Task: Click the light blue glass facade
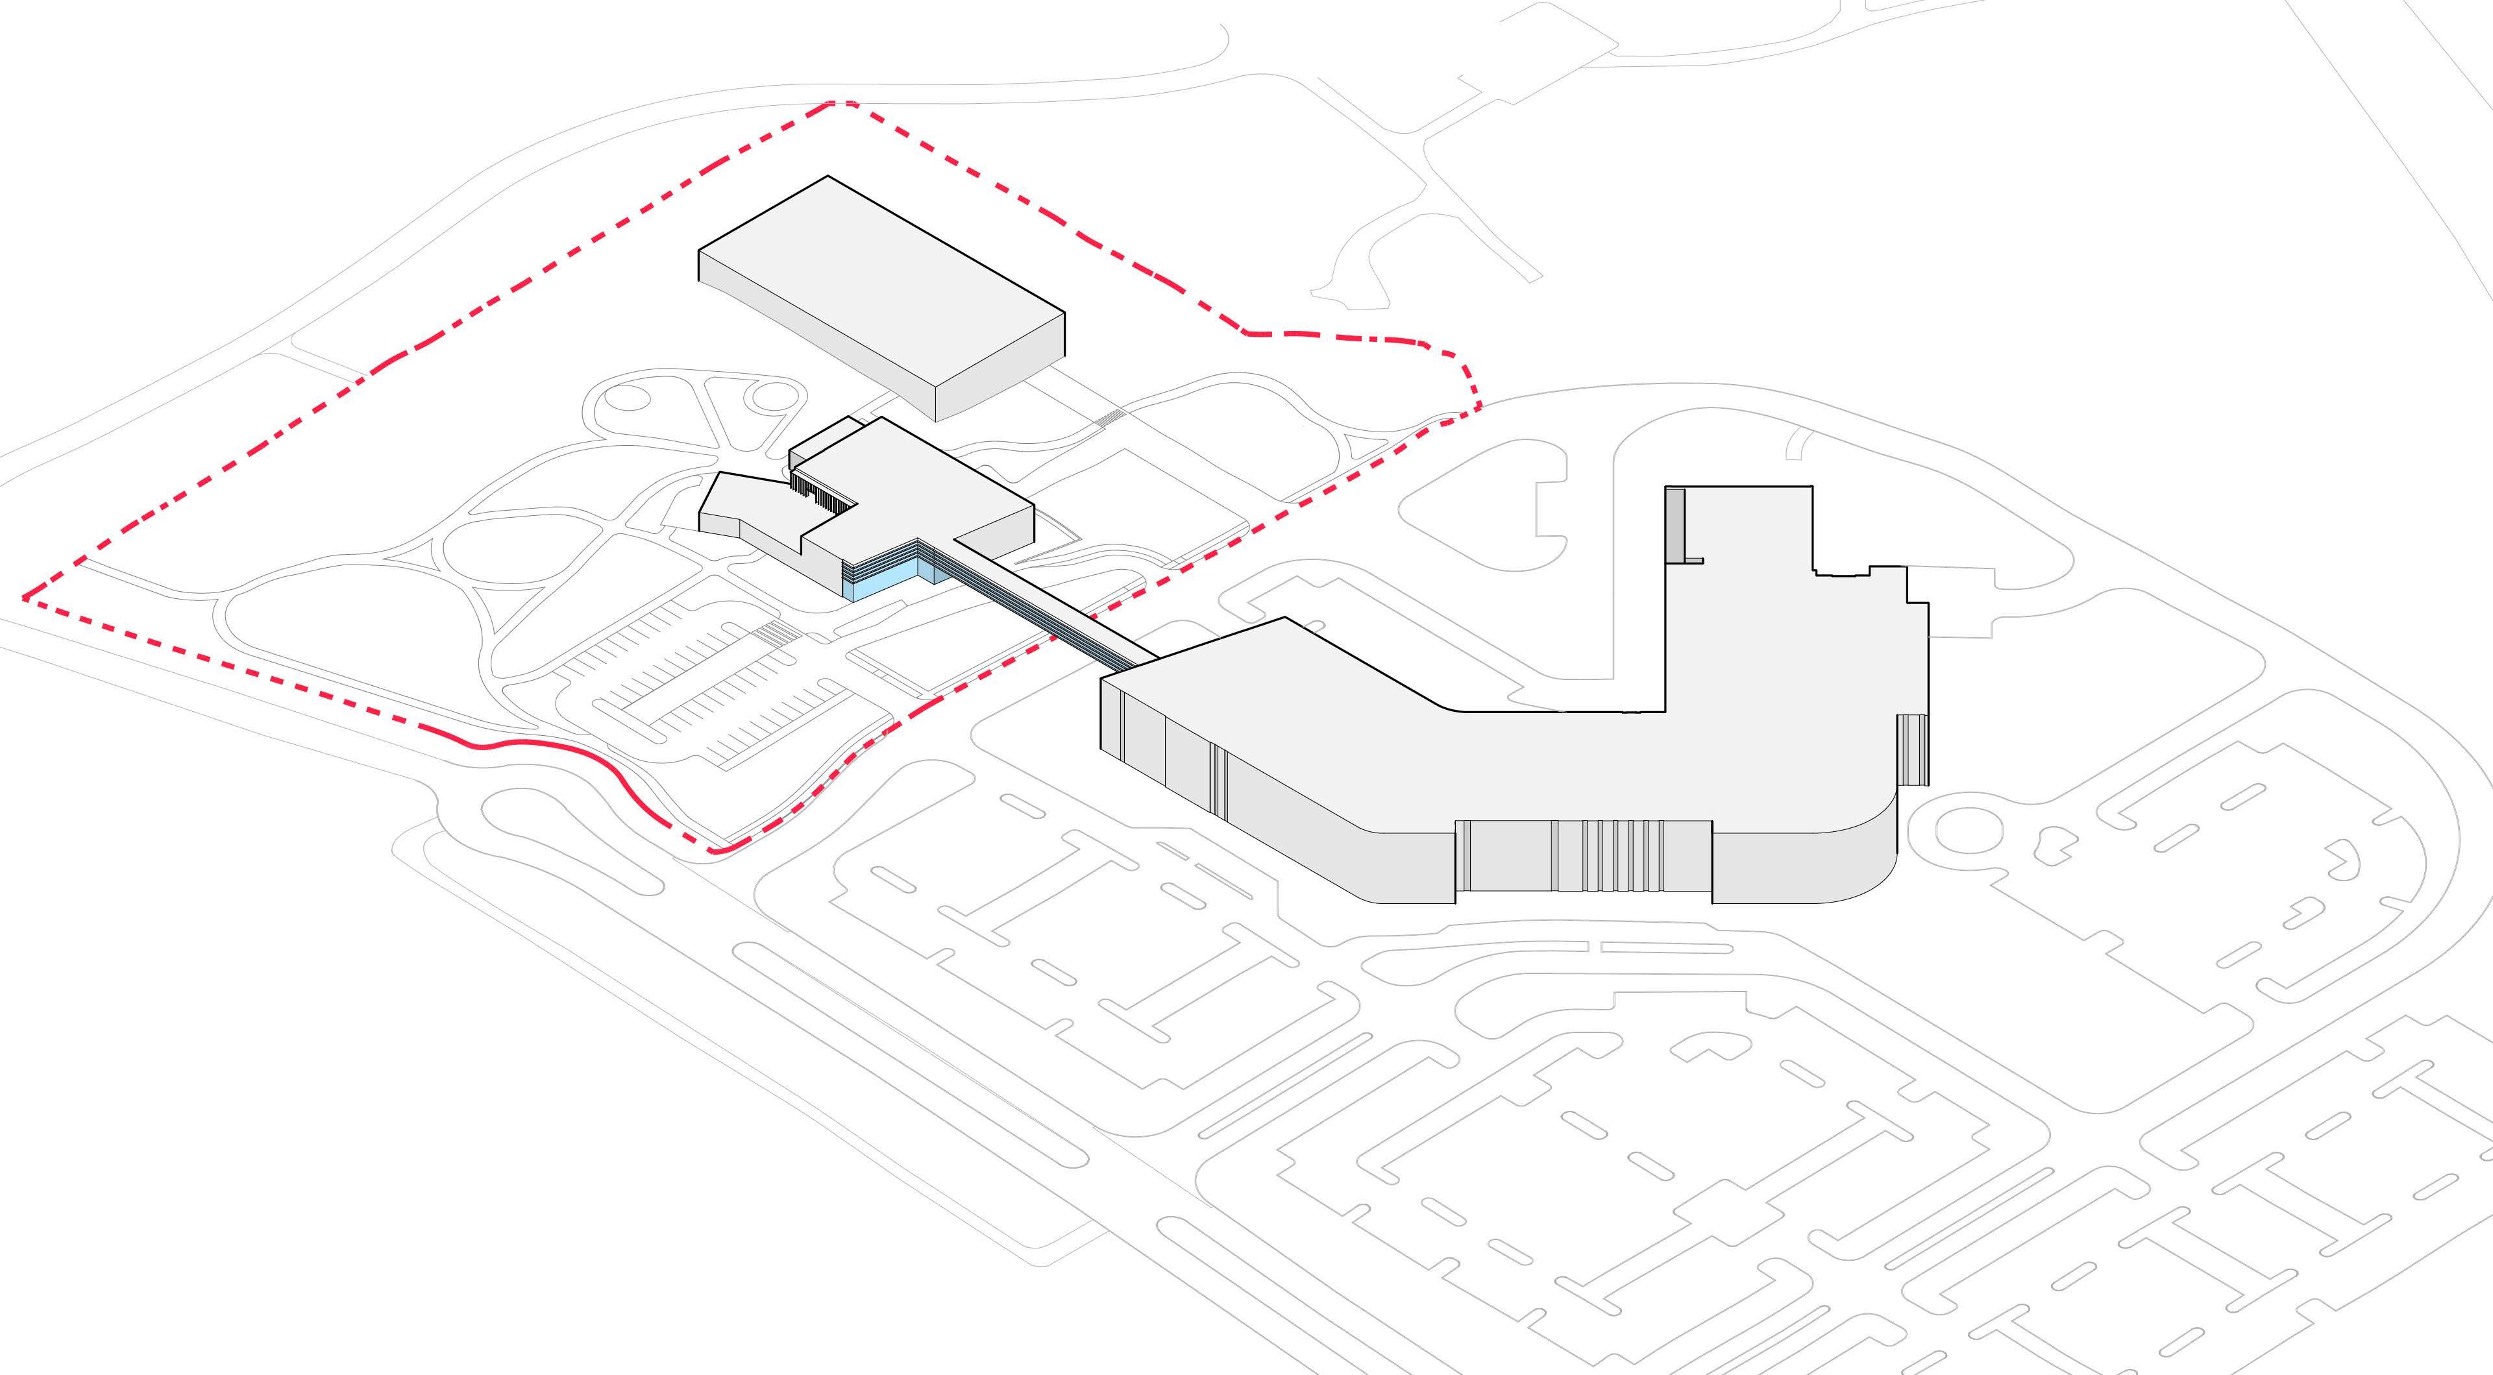[x=885, y=583]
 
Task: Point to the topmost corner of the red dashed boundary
[x=840, y=103]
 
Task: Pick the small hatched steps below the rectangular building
[x=1111, y=416]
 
